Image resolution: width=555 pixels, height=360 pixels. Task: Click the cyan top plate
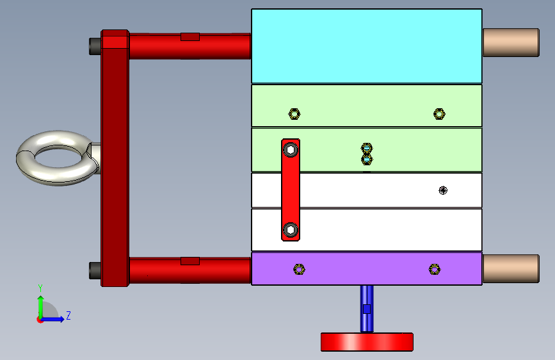point(366,45)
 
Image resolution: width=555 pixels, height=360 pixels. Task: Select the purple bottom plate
point(366,268)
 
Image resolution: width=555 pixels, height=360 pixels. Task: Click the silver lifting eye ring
point(56,158)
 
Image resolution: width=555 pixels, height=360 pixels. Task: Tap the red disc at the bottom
point(366,341)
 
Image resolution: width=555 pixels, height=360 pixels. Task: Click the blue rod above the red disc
point(366,307)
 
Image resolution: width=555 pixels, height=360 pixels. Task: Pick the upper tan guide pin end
point(510,42)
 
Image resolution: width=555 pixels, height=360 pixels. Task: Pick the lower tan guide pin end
point(510,268)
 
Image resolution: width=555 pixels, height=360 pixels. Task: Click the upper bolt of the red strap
point(291,150)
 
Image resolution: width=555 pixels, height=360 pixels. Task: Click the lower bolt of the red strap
point(291,230)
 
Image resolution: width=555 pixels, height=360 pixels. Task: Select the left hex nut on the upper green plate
point(294,114)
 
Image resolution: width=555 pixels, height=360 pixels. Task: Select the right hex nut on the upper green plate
point(439,114)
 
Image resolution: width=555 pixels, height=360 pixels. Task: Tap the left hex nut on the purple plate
point(299,269)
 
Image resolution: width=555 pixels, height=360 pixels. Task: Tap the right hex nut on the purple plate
point(435,269)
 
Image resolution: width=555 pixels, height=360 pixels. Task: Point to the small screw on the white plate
point(442,190)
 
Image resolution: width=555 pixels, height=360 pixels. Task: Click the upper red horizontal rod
point(189,45)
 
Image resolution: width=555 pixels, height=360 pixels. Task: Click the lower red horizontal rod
point(189,270)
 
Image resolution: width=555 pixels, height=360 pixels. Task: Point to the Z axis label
point(68,316)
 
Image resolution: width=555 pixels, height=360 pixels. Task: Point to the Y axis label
point(40,288)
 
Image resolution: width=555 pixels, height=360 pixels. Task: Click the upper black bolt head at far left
point(94,45)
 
